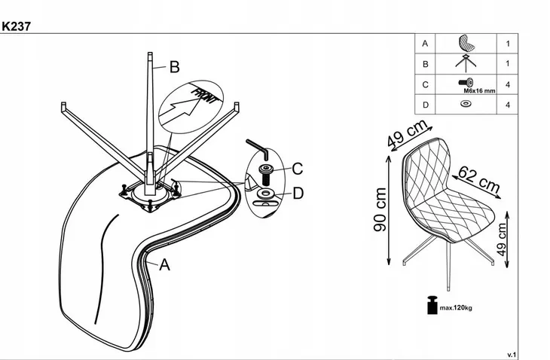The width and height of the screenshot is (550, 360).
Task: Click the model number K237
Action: tap(16, 26)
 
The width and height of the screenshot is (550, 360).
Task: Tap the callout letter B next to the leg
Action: tap(174, 67)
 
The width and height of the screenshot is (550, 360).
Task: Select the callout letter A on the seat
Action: tap(164, 264)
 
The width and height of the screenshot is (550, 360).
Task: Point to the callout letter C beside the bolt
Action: tap(297, 169)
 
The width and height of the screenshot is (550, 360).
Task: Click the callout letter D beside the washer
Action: tap(298, 193)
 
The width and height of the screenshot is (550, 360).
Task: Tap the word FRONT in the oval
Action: tap(203, 96)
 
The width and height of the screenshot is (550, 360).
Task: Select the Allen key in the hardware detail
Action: tap(258, 148)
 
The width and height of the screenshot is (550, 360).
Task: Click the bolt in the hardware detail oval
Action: tap(265, 174)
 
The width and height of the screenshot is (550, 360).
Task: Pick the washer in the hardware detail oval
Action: tap(265, 193)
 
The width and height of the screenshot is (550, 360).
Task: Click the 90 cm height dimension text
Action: tap(380, 209)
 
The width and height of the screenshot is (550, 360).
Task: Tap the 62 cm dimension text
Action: tap(479, 180)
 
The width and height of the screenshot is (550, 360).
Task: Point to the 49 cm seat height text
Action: tap(502, 239)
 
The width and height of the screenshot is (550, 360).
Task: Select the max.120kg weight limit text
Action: tap(456, 308)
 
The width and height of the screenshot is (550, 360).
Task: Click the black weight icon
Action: tap(432, 305)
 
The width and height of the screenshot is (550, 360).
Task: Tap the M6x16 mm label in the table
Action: tap(479, 91)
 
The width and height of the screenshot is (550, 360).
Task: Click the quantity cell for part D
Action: tap(508, 105)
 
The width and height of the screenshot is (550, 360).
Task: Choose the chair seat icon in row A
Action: tap(466, 43)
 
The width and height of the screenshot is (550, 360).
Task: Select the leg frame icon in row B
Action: tap(466, 63)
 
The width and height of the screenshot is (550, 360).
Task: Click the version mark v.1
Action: tap(512, 355)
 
